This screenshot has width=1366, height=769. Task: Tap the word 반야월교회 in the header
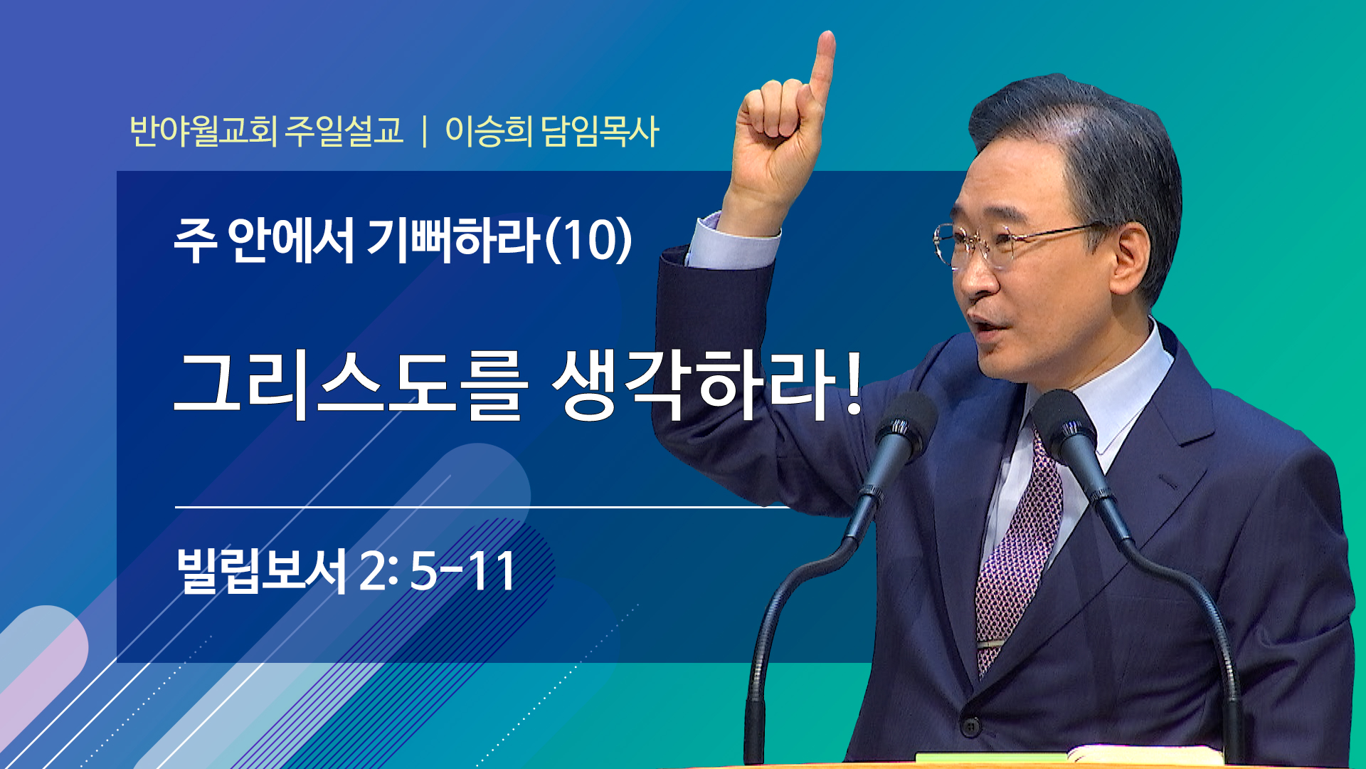point(203,131)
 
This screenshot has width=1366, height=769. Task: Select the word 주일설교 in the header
point(344,131)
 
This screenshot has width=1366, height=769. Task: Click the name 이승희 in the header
point(489,131)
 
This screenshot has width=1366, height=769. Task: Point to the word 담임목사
point(600,131)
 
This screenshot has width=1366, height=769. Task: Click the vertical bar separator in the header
point(425,132)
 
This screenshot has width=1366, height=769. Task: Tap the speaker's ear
point(1129,256)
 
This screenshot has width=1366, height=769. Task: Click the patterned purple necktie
point(1017,555)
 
